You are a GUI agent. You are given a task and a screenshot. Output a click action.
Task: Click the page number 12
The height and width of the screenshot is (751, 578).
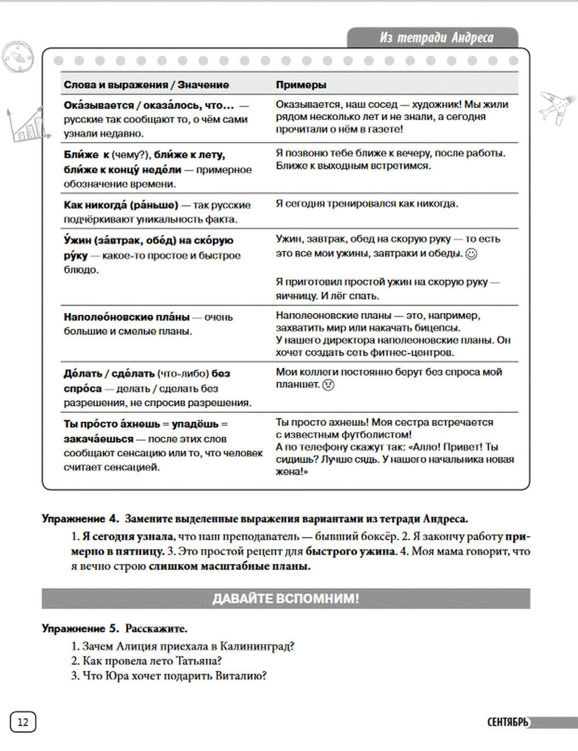coord(23,722)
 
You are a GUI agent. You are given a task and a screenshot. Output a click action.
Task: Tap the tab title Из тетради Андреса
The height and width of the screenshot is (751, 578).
coord(436,38)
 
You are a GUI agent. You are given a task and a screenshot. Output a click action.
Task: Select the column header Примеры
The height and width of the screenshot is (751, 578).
coord(301,85)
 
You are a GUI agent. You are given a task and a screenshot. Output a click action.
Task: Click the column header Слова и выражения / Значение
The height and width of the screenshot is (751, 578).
coord(146,85)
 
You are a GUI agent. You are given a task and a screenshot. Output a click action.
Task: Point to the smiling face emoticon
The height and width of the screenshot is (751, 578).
coord(472,254)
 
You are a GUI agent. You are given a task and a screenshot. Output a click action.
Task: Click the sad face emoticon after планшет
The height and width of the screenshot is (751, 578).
coord(328,385)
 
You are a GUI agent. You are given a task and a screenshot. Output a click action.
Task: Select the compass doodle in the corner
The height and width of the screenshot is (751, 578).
coord(17,55)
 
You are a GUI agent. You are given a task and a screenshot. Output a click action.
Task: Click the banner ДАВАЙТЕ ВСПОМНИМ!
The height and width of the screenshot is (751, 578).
coord(286,598)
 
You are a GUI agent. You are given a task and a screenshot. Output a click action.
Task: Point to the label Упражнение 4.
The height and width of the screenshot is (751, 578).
coord(80,519)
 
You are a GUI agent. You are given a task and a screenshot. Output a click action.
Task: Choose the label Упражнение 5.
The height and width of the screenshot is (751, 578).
coord(80,629)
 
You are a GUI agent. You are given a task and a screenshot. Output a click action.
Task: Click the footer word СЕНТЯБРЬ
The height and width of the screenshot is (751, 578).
coord(507,722)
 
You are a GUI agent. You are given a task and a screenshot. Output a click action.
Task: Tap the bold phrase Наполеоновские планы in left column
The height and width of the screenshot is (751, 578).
coord(127,317)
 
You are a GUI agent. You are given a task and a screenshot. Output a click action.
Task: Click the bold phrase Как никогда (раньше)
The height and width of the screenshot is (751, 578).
coord(121,205)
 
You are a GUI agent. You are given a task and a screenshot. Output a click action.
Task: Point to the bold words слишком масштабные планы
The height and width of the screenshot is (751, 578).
coord(229,567)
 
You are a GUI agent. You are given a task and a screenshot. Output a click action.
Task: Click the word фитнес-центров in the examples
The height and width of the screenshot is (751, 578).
coord(417,352)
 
